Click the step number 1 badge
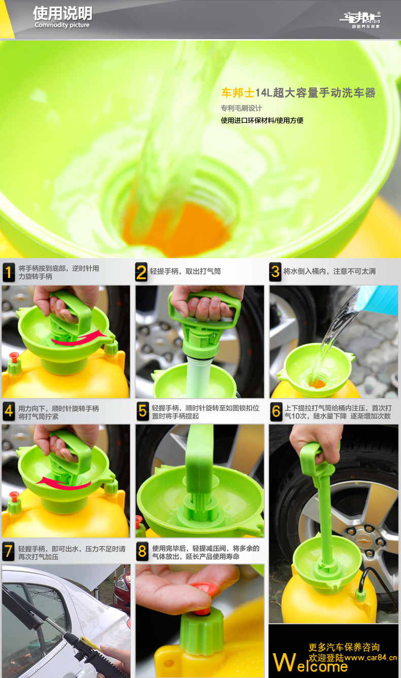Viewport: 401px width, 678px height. coord(9,272)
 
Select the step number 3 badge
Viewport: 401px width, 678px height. coord(275,272)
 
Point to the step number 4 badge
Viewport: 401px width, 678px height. coord(9,411)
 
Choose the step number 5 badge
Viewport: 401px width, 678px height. coord(142,411)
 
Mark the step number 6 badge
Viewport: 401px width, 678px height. coord(276,411)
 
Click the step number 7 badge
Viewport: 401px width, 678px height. coord(8,551)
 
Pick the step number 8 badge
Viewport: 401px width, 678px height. coord(142,551)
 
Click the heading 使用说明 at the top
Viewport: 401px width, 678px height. coord(62,13)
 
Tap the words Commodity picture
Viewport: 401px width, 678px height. coord(62,25)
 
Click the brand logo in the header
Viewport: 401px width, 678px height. coord(360,20)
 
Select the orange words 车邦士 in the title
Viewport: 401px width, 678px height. coord(238,93)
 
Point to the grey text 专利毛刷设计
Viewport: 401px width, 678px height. coord(241,108)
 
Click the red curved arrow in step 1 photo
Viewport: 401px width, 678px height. coord(79,339)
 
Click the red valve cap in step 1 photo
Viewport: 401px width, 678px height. coord(14,357)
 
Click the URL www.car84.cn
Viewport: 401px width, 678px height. coord(371,657)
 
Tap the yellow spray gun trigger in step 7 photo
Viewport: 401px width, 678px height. coord(89,644)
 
